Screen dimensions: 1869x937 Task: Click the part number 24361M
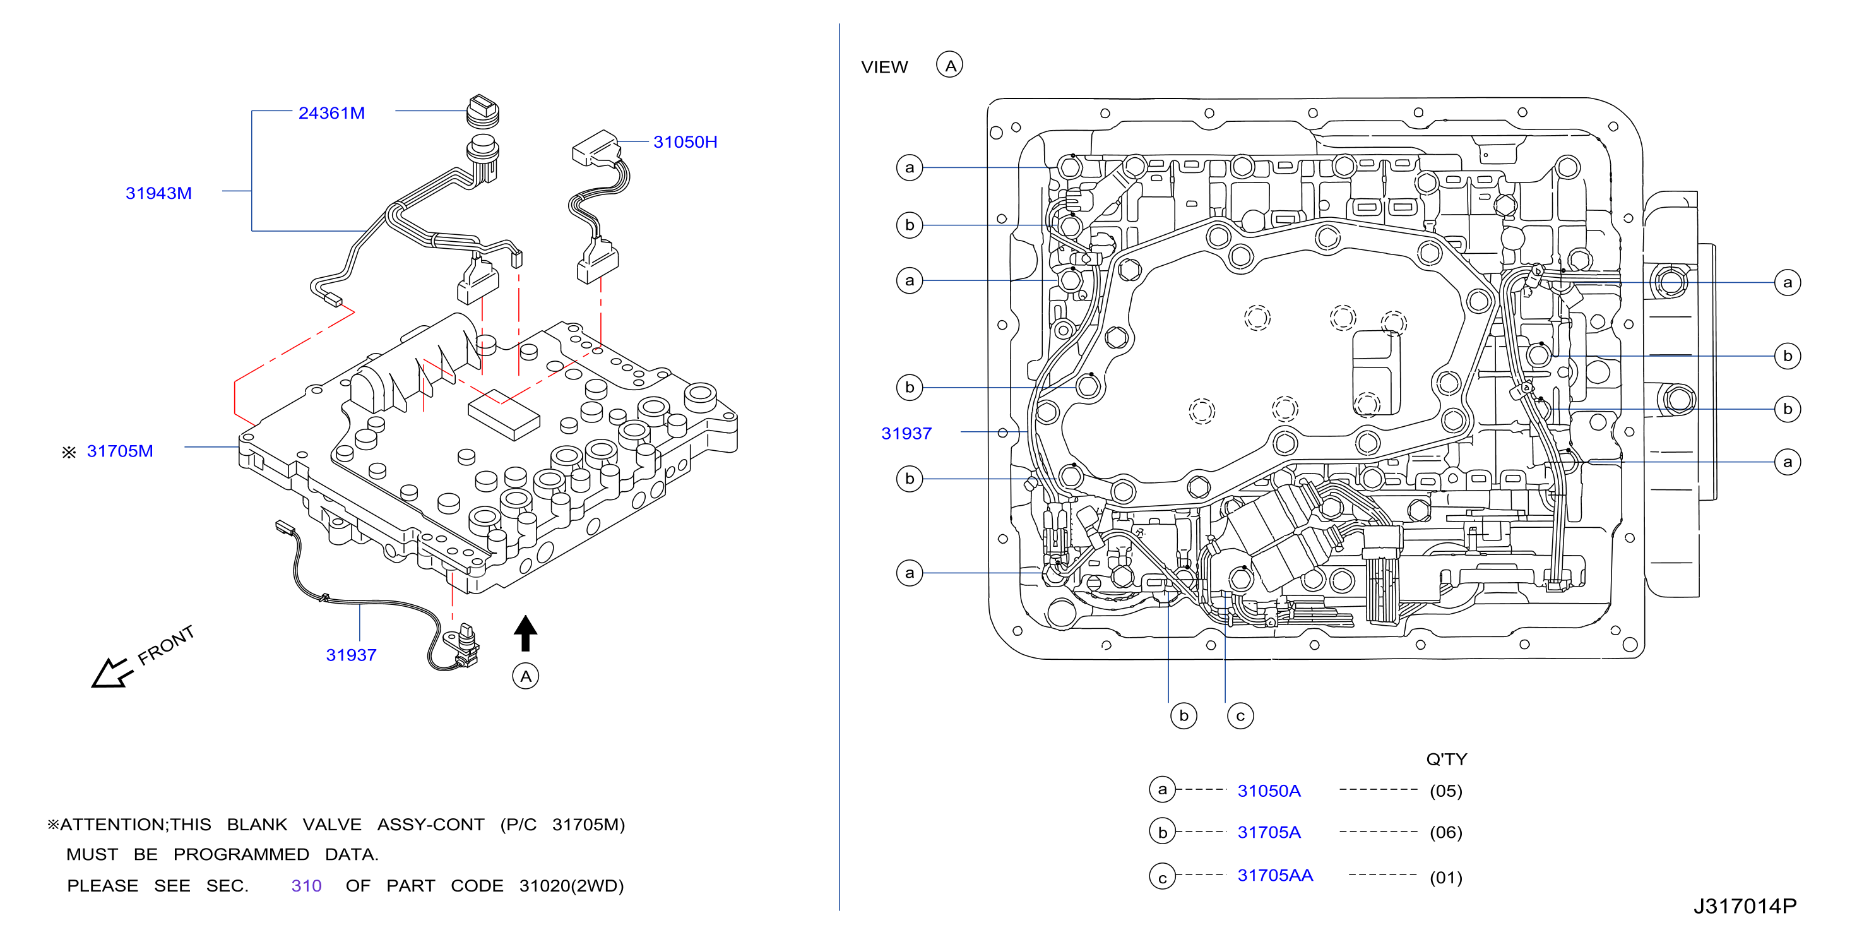331,113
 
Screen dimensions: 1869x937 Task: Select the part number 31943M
158,193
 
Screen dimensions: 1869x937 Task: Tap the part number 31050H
685,141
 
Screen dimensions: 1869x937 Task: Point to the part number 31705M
120,451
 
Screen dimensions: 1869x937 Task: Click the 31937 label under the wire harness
351,655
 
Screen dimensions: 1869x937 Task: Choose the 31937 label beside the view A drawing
906,433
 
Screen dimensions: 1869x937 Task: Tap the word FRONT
166,645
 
